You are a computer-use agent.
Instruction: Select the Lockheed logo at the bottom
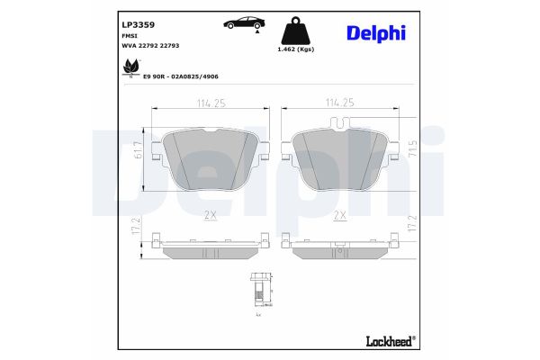[x=389, y=340]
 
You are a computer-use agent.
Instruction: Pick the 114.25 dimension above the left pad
[x=210, y=103]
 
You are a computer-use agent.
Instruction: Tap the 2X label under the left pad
[x=211, y=214]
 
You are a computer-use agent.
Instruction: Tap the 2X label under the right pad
[x=340, y=214]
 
